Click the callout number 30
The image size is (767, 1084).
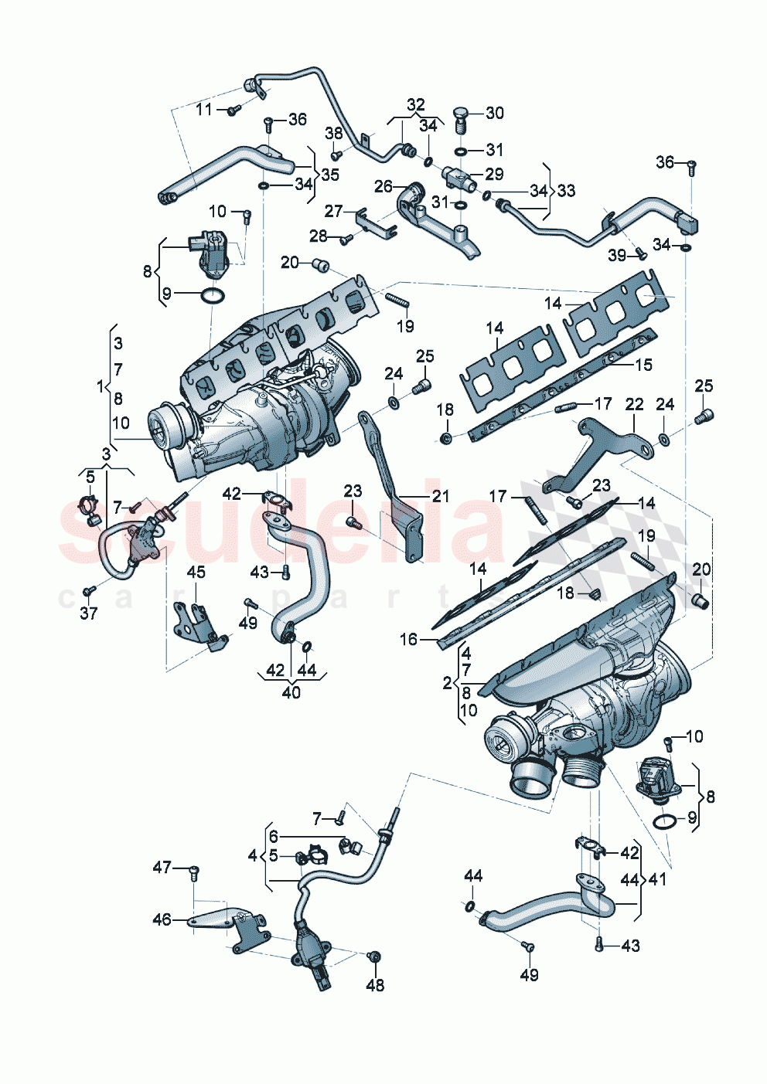pos(494,113)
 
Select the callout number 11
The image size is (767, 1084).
pos(203,110)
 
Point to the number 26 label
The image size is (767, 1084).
pos(383,186)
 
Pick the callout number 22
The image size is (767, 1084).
pos(634,404)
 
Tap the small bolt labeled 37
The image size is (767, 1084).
pos(89,591)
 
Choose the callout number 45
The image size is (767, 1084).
pos(196,572)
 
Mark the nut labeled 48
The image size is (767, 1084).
pos(373,958)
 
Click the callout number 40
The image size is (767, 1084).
pos(291,692)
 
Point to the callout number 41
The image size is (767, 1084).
pos(657,879)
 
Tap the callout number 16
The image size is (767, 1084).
pos(408,639)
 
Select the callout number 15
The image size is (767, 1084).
pos(643,364)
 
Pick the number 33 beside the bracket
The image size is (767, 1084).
pos(566,190)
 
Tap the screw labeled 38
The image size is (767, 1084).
pos(336,155)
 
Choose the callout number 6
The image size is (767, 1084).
pos(273,837)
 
